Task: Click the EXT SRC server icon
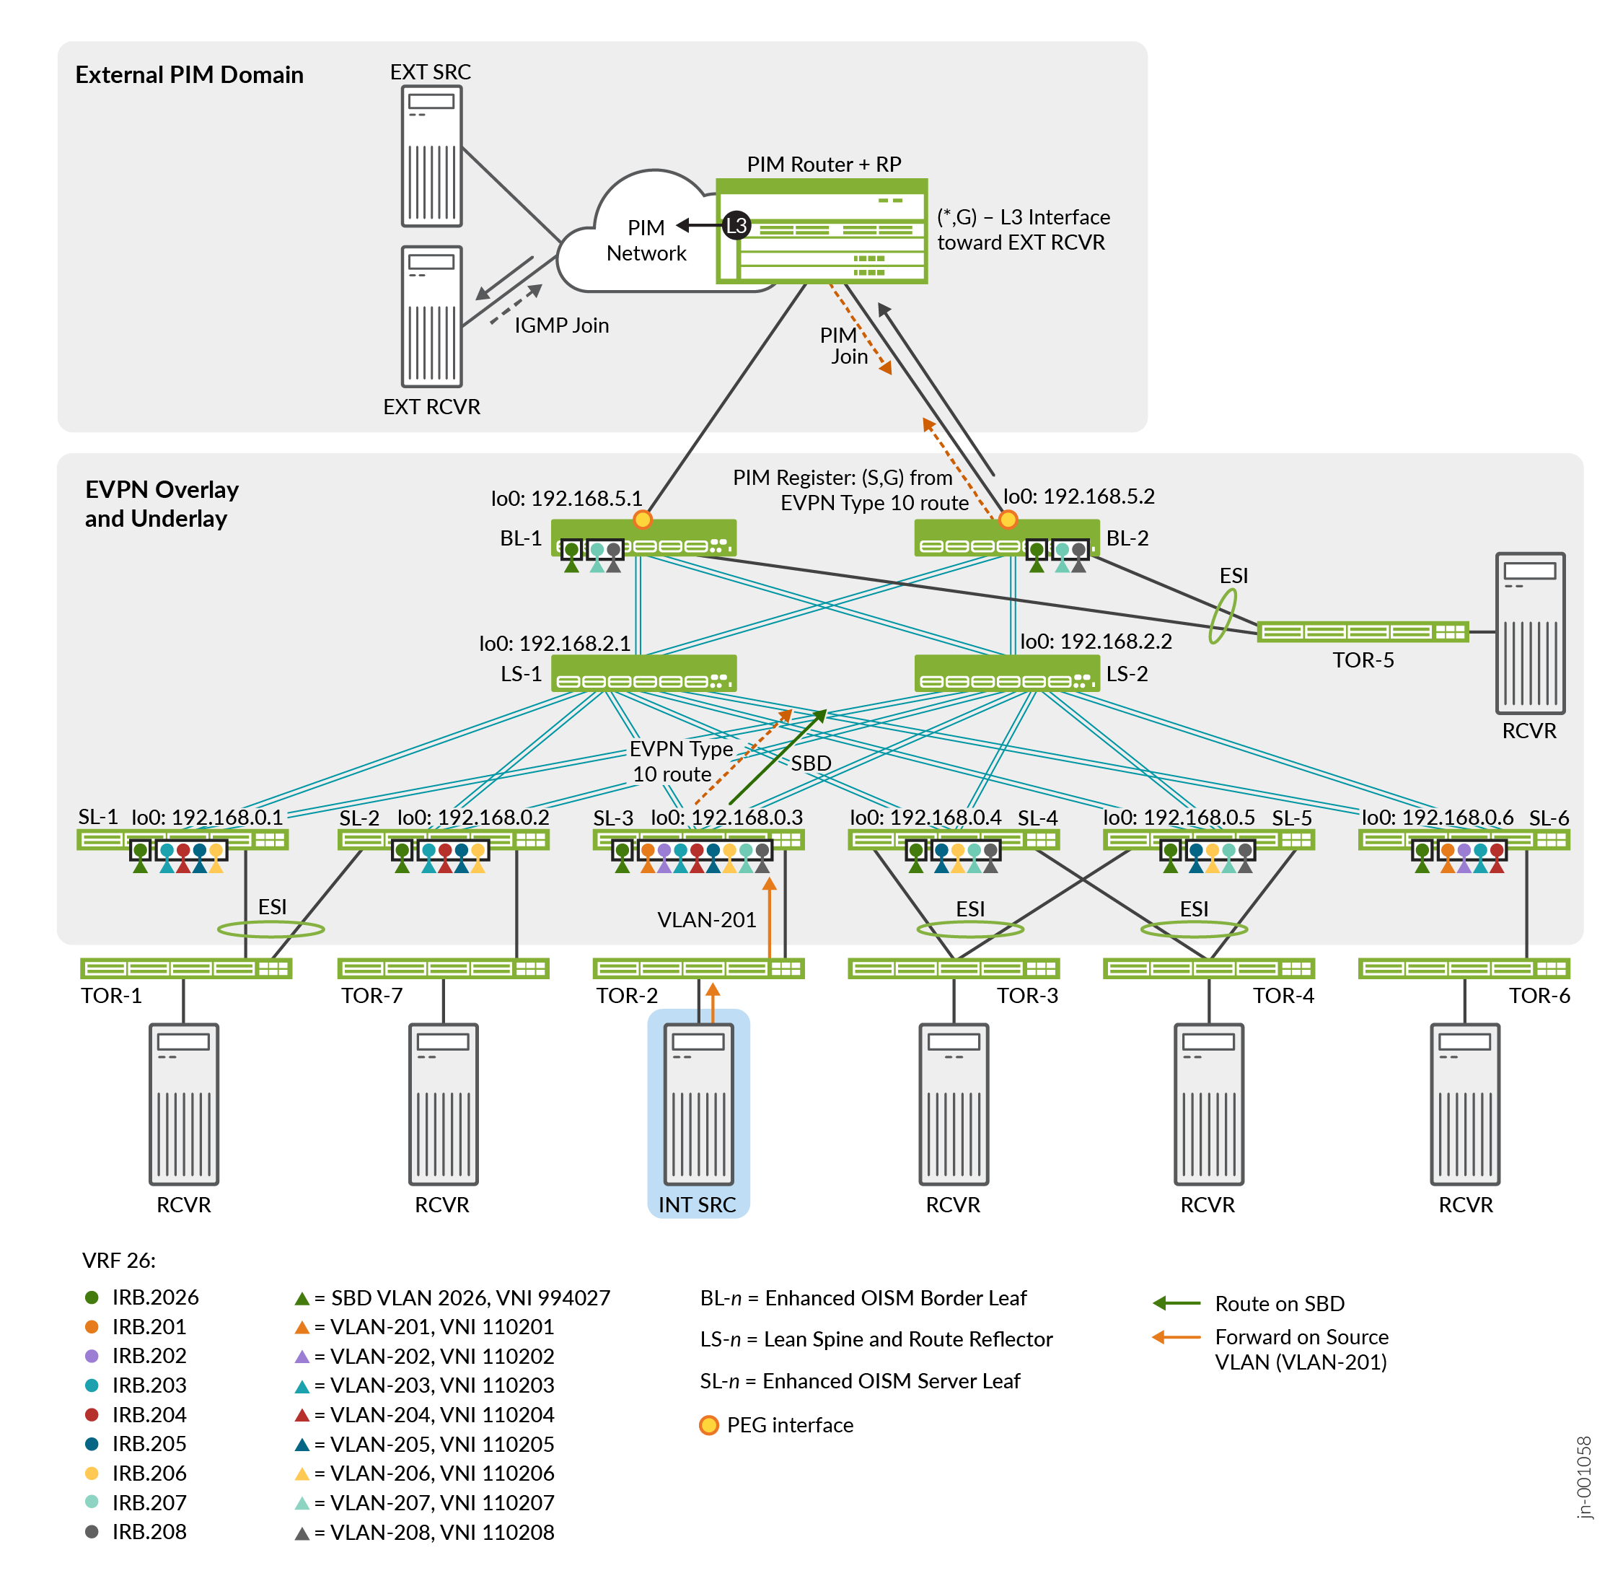[431, 155]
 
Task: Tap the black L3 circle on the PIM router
[736, 225]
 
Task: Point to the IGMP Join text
[561, 325]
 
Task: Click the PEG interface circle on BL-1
[642, 519]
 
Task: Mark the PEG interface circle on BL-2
[1007, 519]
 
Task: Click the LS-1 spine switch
[643, 673]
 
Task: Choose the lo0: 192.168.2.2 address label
[1095, 641]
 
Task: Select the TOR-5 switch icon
[1361, 632]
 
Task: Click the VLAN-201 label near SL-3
[706, 919]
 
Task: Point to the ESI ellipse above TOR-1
[270, 929]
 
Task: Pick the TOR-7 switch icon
[442, 968]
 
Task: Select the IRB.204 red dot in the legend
[92, 1414]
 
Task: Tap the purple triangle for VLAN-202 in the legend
[302, 1356]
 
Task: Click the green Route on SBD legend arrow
[1176, 1303]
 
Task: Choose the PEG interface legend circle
[708, 1425]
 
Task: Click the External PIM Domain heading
[189, 75]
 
